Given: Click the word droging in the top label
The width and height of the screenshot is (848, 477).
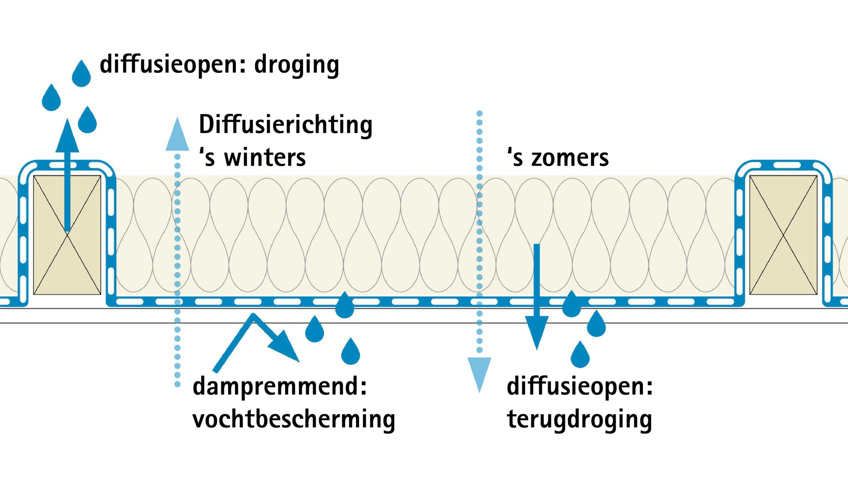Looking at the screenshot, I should tap(296, 65).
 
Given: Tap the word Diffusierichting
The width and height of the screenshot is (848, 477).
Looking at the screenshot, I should tap(285, 125).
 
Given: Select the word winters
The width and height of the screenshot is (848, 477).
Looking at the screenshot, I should tap(265, 158).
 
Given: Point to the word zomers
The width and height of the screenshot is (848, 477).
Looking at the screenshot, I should tap(570, 158).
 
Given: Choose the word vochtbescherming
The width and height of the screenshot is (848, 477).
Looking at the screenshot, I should tap(294, 419).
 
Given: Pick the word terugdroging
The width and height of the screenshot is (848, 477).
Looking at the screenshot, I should tap(579, 420).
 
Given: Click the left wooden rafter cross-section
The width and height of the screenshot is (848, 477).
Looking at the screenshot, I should tap(67, 235).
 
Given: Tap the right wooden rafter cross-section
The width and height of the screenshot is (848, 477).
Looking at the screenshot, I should tap(783, 235).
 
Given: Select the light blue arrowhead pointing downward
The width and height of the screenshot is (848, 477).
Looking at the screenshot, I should tap(479, 373).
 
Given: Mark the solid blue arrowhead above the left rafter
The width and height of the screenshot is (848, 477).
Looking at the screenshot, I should tap(67, 137).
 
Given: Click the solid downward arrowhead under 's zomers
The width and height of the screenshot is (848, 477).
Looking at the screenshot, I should tap(537, 331).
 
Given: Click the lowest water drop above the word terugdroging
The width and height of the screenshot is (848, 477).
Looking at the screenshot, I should tap(580, 356).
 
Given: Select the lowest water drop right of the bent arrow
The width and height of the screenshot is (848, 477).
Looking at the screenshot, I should tap(351, 353).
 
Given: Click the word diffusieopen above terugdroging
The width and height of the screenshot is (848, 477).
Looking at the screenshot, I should tap(579, 386).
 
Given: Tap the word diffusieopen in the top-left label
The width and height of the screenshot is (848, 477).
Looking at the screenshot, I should tap(169, 65).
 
